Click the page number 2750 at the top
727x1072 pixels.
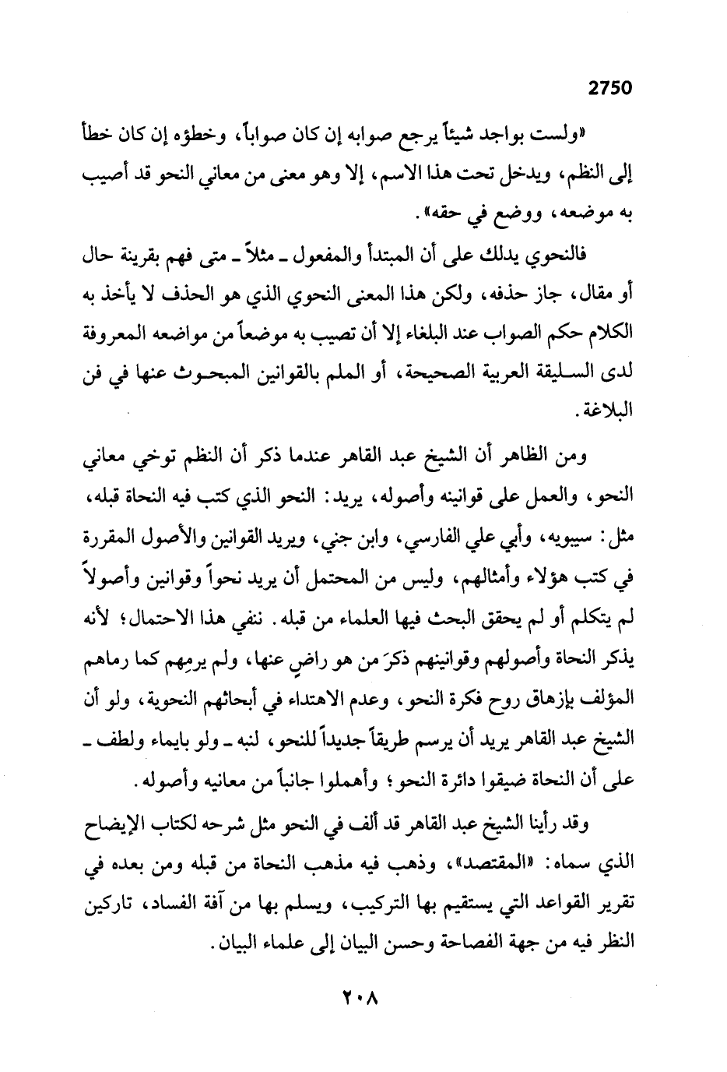(608, 88)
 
